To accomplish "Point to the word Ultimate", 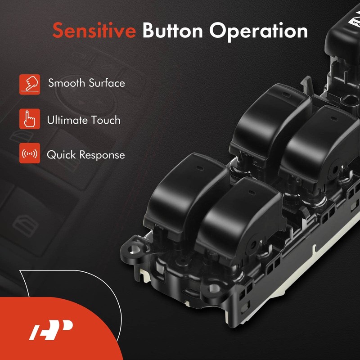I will (67, 120).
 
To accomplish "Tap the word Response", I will (102, 155).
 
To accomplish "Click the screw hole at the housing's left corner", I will (133, 247).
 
